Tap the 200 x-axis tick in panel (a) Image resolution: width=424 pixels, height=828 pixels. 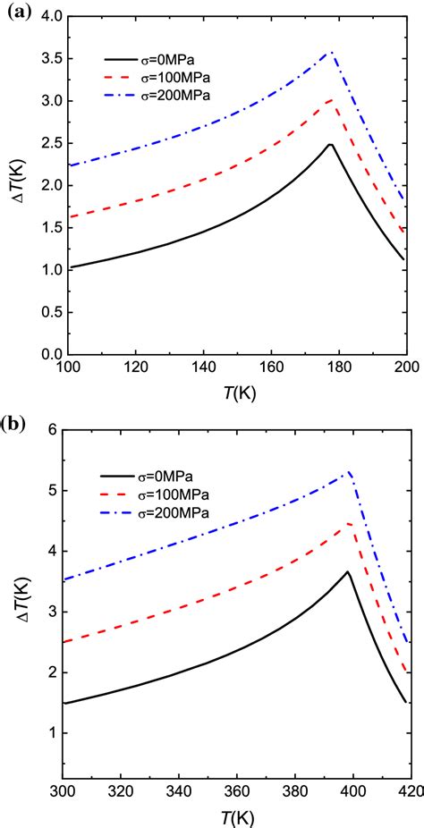407,368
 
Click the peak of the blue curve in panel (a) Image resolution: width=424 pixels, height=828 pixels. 332,53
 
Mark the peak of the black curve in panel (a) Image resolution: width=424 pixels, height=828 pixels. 330,145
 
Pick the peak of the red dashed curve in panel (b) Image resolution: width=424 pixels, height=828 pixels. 350,524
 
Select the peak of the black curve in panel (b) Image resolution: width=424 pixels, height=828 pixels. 348,571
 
